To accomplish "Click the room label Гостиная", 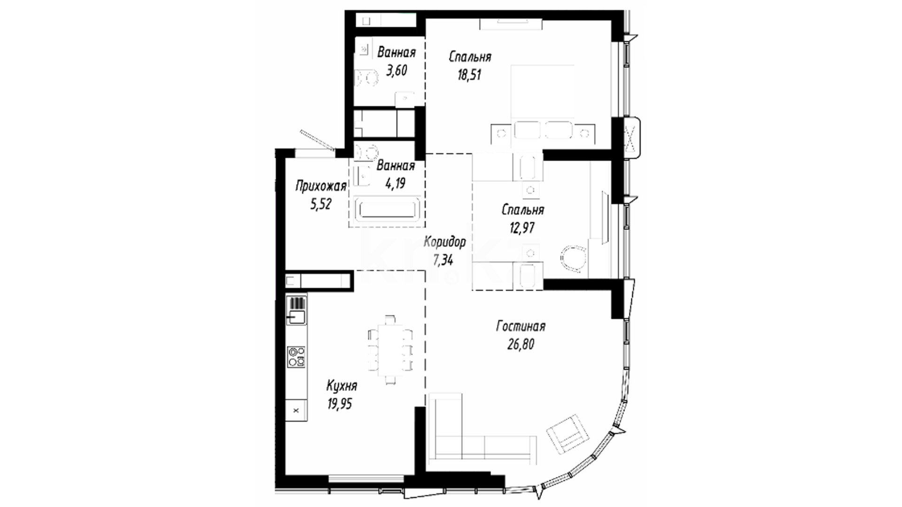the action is coord(521,326).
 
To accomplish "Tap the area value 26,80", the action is coord(521,345).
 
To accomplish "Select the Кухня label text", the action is coord(342,386).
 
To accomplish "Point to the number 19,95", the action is coord(340,404).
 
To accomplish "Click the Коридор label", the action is coord(445,242).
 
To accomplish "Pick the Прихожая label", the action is coord(321,186).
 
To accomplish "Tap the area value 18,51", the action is coord(469,75).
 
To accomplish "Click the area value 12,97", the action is coord(522,228).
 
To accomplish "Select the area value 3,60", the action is coord(397,70).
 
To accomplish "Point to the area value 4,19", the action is coord(395,184).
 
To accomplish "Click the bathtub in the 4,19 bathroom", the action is coord(387,209).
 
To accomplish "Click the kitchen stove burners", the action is coord(296,357).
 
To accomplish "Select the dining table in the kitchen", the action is coord(390,350).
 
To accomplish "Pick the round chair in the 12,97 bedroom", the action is coord(574,259).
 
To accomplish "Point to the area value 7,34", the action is coord(443,260).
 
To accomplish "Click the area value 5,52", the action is coord(321,204).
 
